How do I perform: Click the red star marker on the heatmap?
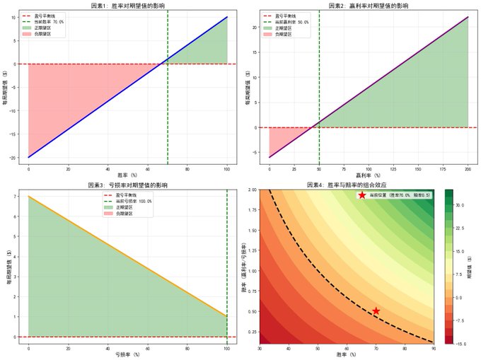click(376, 311)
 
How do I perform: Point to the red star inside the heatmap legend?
click(362, 194)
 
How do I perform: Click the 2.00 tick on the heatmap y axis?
click(253, 190)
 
